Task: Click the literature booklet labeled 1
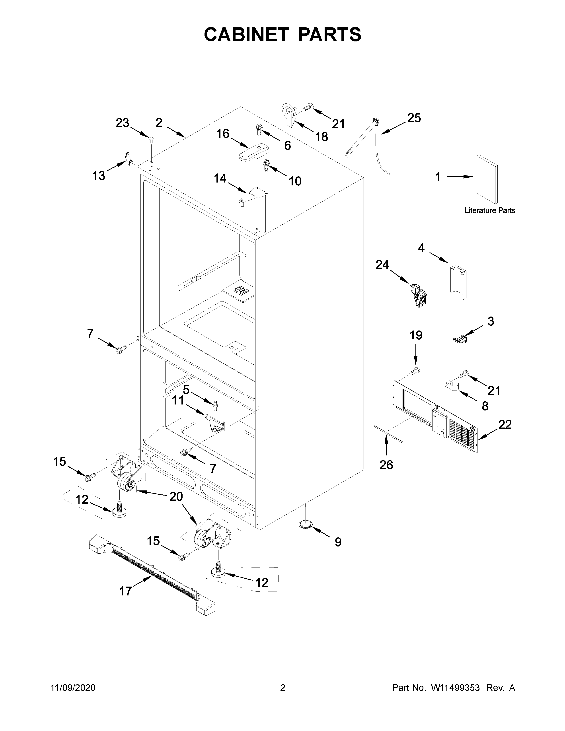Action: click(x=487, y=179)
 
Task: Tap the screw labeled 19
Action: click(x=415, y=371)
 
